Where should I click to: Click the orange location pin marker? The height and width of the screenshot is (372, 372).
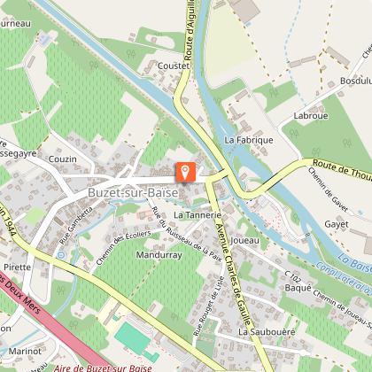(185, 171)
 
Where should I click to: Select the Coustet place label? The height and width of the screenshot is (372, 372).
(174, 66)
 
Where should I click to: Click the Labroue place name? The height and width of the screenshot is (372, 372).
(310, 116)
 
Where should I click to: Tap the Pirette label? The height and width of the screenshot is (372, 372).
(18, 266)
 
